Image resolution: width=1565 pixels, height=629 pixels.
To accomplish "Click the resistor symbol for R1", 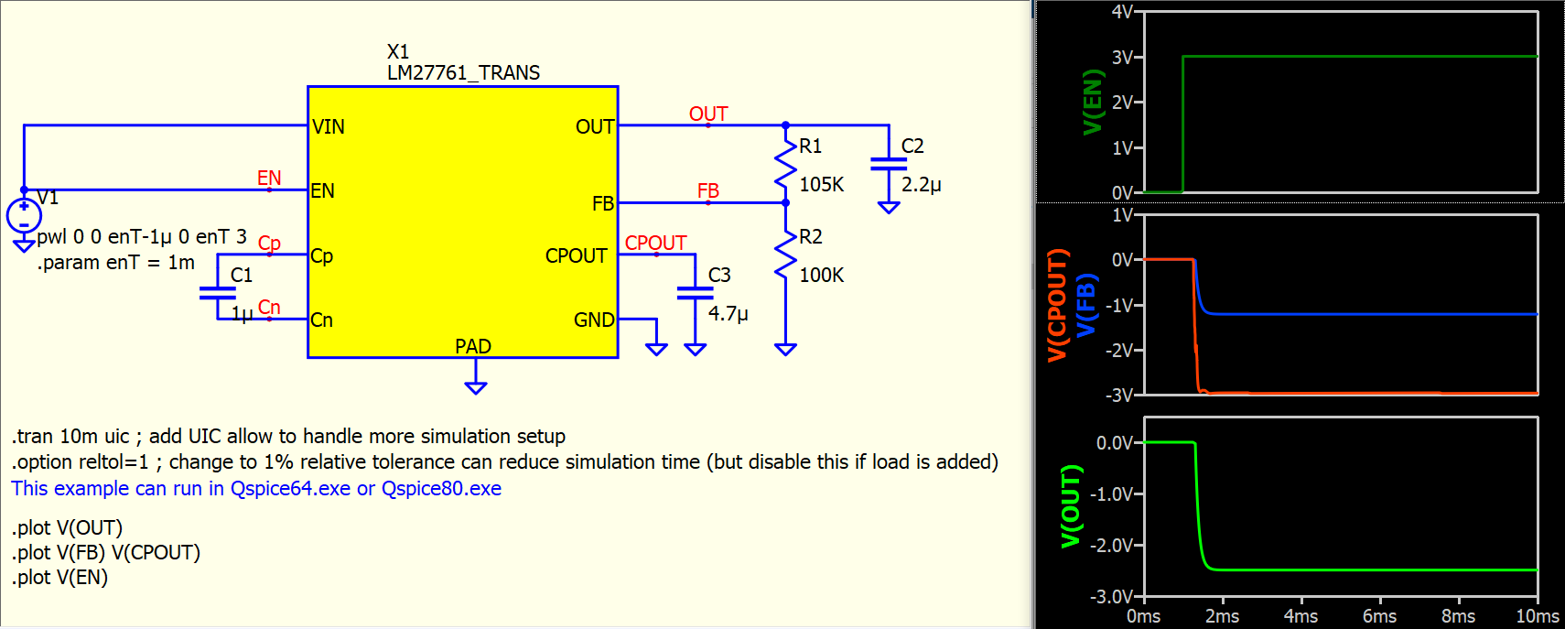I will pyautogui.click(x=785, y=165).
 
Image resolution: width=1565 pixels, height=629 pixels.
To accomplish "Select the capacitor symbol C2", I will pyautogui.click(x=889, y=164).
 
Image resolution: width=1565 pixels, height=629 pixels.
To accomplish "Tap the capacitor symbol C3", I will pyautogui.click(x=695, y=293).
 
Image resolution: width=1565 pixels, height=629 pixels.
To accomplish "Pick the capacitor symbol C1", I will pyautogui.click(x=218, y=293).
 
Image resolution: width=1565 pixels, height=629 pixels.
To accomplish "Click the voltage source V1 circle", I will pyautogui.click(x=24, y=216).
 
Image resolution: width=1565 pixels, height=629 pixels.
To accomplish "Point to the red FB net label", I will pyautogui.click(x=708, y=190).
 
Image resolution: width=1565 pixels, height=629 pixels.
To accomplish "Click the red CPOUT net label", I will pyautogui.click(x=655, y=243).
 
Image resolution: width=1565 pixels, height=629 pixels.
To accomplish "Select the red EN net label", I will pyautogui.click(x=269, y=178).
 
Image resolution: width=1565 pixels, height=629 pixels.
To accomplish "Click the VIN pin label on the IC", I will pyautogui.click(x=329, y=126).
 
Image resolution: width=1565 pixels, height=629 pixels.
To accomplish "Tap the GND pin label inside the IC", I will pyautogui.click(x=594, y=320).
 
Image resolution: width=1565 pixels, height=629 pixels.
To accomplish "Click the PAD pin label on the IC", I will pyautogui.click(x=473, y=346).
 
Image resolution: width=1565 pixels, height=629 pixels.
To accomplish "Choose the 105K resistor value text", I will pyautogui.click(x=822, y=184).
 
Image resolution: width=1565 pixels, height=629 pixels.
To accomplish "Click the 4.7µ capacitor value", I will pyautogui.click(x=729, y=313).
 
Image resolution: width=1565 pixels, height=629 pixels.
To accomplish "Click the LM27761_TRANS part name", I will pyautogui.click(x=463, y=72).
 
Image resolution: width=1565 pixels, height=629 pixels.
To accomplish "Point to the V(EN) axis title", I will pyautogui.click(x=1093, y=102).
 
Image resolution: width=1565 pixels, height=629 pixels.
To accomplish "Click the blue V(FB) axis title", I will pyautogui.click(x=1085, y=305).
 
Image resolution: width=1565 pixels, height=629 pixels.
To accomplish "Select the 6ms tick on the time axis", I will pyautogui.click(x=1379, y=616).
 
